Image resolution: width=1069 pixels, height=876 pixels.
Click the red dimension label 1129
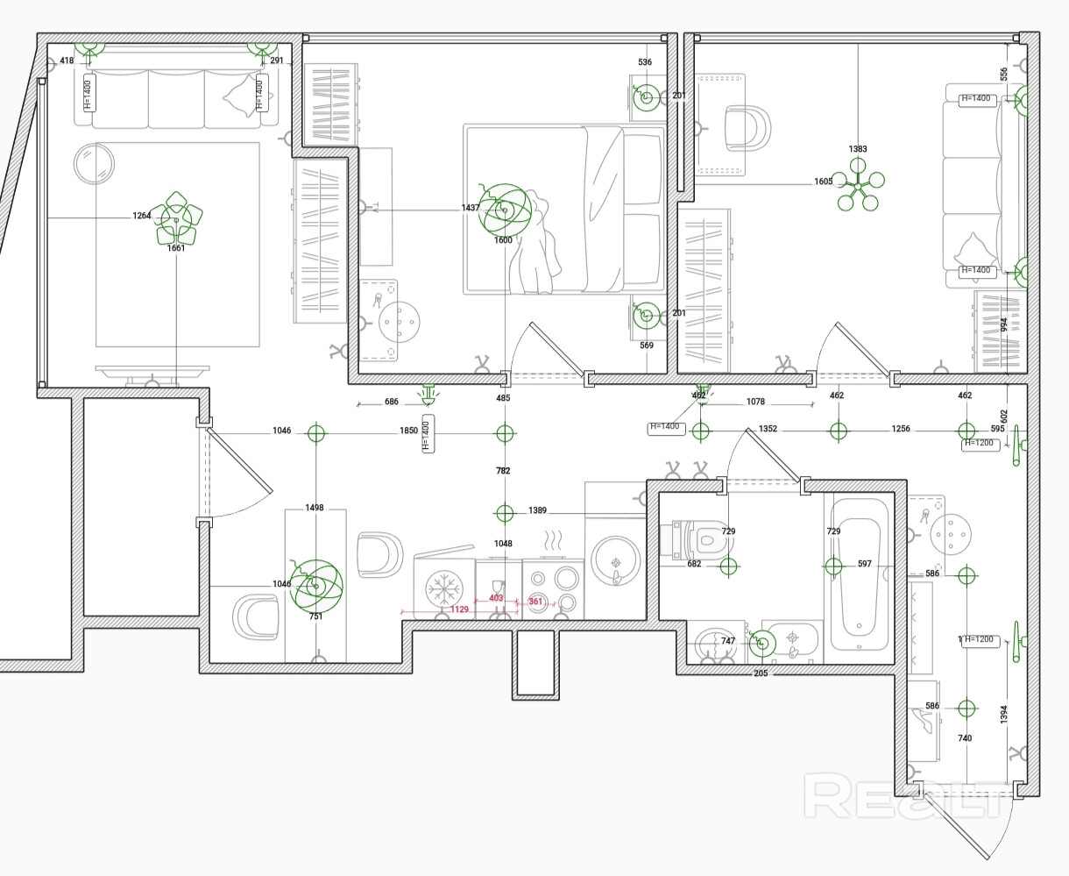tap(458, 609)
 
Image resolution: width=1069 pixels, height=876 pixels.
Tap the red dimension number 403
tap(496, 599)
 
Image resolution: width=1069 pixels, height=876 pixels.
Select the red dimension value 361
tap(535, 602)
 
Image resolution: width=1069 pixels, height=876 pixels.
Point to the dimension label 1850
tap(408, 431)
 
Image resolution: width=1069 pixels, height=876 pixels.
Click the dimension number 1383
tap(858, 149)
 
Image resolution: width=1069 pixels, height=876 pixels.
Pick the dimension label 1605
tap(824, 182)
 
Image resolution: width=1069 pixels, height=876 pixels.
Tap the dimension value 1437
tap(471, 208)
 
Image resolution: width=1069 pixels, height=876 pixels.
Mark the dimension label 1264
tap(142, 216)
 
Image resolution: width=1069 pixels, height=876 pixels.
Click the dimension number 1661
tap(176, 248)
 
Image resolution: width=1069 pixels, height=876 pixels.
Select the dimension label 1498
tap(315, 508)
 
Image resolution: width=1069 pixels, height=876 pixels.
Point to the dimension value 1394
tap(1004, 715)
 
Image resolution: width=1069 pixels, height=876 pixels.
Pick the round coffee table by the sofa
tap(96, 163)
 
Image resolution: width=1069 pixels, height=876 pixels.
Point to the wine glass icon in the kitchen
tap(498, 585)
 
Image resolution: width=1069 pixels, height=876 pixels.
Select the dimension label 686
tap(391, 402)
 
